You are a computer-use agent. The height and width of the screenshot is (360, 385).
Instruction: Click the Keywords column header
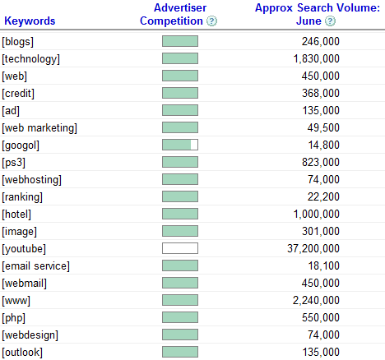pos(30,21)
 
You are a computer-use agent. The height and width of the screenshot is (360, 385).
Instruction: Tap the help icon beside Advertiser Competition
pos(211,21)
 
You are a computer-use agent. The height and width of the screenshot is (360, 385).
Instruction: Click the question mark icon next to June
pos(330,21)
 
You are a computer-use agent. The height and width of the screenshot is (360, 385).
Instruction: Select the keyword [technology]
pos(30,59)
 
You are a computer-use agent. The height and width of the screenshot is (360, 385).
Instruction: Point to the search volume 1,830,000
pos(317,58)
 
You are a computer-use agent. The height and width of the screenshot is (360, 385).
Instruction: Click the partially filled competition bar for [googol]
pos(180,145)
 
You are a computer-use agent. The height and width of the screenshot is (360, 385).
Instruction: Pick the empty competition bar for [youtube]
pos(180,248)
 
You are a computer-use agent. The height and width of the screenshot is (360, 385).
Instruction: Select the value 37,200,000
pos(313,248)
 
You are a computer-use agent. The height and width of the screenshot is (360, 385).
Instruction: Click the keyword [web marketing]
pos(39,128)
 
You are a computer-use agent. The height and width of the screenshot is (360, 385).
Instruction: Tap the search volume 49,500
pos(323,127)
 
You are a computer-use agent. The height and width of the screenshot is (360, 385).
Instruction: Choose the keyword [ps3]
pos(14,163)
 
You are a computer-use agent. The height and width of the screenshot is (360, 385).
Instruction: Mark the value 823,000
pos(321,162)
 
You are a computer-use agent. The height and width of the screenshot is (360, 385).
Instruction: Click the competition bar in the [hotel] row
pos(180,214)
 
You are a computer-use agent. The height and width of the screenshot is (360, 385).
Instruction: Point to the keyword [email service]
pos(36,266)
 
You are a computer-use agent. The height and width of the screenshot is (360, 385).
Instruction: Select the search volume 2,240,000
pos(316,300)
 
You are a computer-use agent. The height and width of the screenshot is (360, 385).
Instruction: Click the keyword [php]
pos(14,318)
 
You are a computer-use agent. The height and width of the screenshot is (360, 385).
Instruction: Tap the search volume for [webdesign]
pos(323,335)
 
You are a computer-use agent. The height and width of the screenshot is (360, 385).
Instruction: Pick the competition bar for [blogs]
pos(180,41)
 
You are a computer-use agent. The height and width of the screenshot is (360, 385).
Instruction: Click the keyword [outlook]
pos(22,353)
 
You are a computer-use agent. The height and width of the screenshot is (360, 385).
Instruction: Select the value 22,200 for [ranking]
pos(323,196)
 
